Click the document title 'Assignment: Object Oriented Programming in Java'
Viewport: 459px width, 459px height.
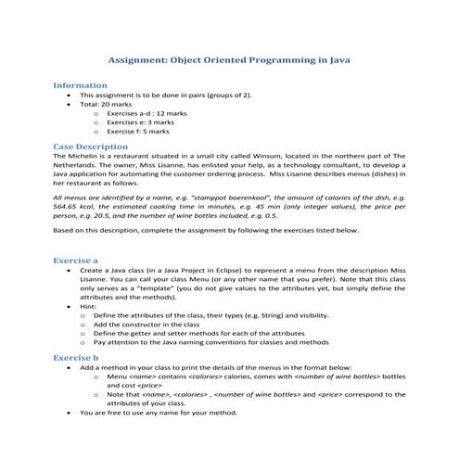(229, 57)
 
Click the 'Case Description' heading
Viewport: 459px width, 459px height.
(90, 147)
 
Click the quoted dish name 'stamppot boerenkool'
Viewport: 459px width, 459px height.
(223, 198)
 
